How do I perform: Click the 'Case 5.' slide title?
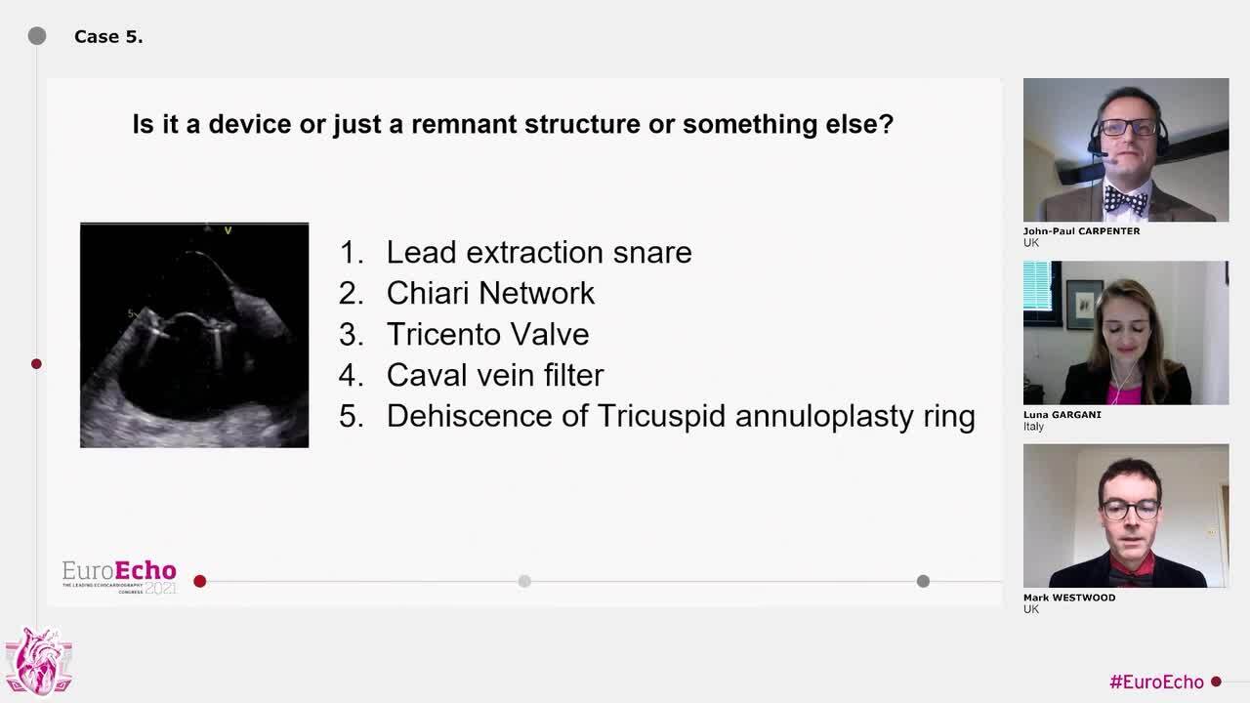point(108,37)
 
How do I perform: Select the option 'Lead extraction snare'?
point(538,252)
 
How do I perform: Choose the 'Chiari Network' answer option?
point(490,293)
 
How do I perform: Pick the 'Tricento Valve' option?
point(487,334)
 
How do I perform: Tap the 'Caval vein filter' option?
point(495,375)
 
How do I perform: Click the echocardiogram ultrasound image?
point(194,335)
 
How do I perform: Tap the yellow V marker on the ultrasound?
point(228,230)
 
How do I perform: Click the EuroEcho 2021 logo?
point(119,577)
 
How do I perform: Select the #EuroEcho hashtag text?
point(1156,682)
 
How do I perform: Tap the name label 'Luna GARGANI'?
point(1062,415)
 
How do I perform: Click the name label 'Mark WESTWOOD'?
point(1069,598)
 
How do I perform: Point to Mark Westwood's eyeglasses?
point(1131,510)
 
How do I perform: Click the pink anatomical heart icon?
point(38,661)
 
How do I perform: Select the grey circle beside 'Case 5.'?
point(37,36)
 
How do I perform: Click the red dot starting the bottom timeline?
point(200,581)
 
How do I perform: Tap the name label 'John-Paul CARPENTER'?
point(1081,231)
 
